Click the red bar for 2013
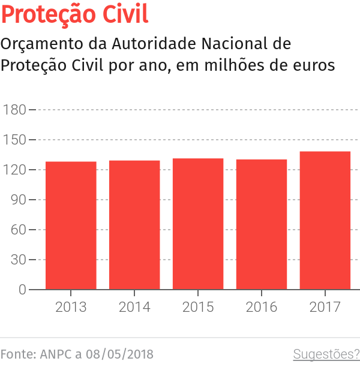coord(71,225)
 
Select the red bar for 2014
coord(134,225)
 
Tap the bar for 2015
coord(198,224)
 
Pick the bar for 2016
coord(262,224)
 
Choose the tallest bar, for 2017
coord(325,220)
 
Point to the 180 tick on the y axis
coord(14,110)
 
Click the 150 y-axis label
coord(14,140)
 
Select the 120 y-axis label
coord(14,170)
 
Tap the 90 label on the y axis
coord(18,200)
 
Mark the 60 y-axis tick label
coord(18,230)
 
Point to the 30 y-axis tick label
coord(18,260)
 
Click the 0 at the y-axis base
coord(22,290)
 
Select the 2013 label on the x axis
coord(71,307)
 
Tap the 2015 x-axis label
coord(198,307)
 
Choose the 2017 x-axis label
coord(325,307)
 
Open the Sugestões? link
coord(326,354)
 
